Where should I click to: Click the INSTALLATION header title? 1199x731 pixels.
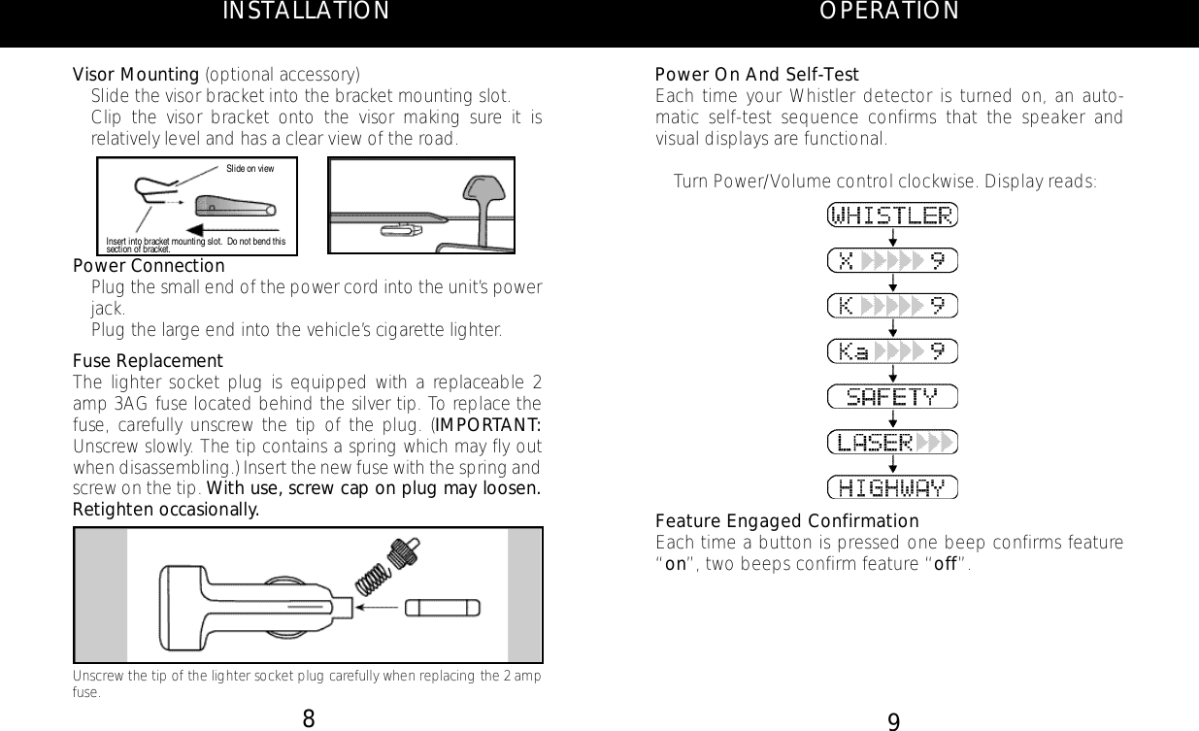tap(306, 12)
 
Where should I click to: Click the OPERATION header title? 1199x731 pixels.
tap(889, 11)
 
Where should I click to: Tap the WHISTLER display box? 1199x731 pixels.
tap(892, 215)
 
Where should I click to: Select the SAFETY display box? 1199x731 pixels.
tap(892, 396)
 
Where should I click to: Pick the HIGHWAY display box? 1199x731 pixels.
tap(892, 485)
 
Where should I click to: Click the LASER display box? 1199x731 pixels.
tap(892, 442)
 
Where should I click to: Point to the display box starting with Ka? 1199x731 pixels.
tap(892, 350)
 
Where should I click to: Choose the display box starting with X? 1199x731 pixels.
tap(892, 260)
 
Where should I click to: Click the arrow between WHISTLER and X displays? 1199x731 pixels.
tap(892, 237)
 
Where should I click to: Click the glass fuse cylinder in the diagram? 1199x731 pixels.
tap(442, 608)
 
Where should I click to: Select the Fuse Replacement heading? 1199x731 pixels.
tap(149, 361)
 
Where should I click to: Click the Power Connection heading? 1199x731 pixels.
tap(150, 266)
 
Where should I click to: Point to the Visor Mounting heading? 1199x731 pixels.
tap(137, 75)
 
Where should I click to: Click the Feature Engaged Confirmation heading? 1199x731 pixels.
tap(787, 520)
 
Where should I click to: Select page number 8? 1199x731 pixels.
tap(308, 719)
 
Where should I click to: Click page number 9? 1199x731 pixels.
tap(894, 720)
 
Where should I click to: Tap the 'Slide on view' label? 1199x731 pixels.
tap(250, 169)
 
